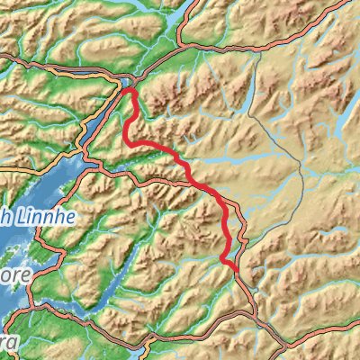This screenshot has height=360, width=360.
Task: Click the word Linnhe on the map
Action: click(34, 218)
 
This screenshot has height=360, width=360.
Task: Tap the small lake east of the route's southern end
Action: click(337, 236)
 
